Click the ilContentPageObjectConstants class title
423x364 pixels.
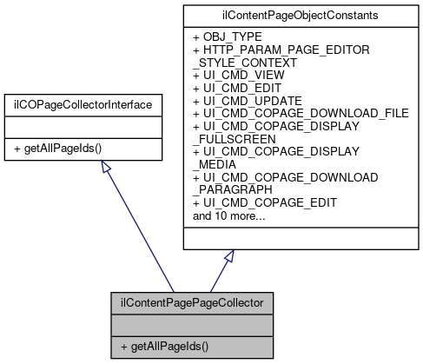click(300, 16)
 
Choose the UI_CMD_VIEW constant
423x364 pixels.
click(241, 76)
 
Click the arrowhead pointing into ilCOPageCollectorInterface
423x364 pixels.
click(107, 168)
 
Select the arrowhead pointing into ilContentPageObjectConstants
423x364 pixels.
click(229, 258)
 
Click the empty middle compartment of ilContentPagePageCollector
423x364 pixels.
click(191, 324)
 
